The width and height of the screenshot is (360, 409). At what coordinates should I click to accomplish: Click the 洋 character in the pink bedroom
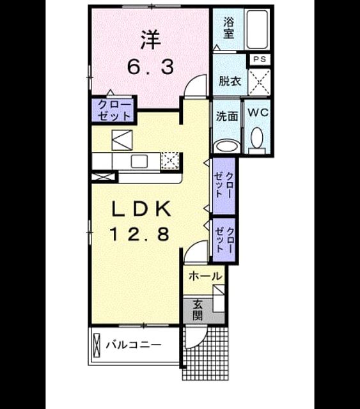coord(150,40)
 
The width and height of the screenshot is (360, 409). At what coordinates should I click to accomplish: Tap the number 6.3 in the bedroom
coord(150,66)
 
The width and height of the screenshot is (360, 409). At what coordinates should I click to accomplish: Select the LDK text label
coord(141,209)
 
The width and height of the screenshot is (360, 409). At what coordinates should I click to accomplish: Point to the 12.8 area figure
coord(139,234)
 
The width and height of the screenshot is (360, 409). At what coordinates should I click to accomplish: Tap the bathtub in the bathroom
coord(257,29)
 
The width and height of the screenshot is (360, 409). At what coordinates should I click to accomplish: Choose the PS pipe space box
coord(260,59)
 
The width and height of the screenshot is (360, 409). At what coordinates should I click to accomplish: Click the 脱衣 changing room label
coord(230,81)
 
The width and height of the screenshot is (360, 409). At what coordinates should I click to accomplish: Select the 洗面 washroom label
coord(227,116)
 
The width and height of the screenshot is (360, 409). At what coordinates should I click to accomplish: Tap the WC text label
coord(258,112)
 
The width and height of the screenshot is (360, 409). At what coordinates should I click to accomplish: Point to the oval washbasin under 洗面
coord(227,146)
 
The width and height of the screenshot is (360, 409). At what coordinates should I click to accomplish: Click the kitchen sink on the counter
coord(139,161)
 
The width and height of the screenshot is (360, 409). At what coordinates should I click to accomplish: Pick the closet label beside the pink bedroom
coord(114,111)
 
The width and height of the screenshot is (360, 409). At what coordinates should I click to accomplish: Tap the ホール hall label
coord(205,276)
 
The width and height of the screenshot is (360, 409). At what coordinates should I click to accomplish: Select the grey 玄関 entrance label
coord(198,309)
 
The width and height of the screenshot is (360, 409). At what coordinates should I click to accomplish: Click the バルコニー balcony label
coord(134,345)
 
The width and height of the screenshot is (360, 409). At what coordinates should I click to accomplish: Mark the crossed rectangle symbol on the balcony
coord(97,346)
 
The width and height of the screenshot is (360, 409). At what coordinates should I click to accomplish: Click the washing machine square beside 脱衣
coord(259,82)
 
